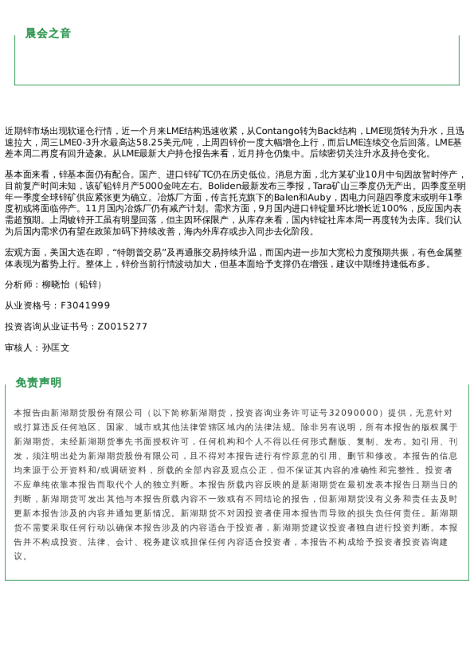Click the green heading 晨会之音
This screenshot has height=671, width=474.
(48, 33)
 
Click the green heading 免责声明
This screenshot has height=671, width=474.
(38, 383)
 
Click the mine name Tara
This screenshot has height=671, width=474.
(326, 186)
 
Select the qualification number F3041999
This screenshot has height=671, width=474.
(86, 305)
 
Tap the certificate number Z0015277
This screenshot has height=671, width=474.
(123, 327)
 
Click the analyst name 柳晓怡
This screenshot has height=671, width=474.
(57, 284)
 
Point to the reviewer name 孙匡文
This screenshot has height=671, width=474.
(56, 348)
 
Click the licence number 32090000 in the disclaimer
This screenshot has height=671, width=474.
(352, 413)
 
